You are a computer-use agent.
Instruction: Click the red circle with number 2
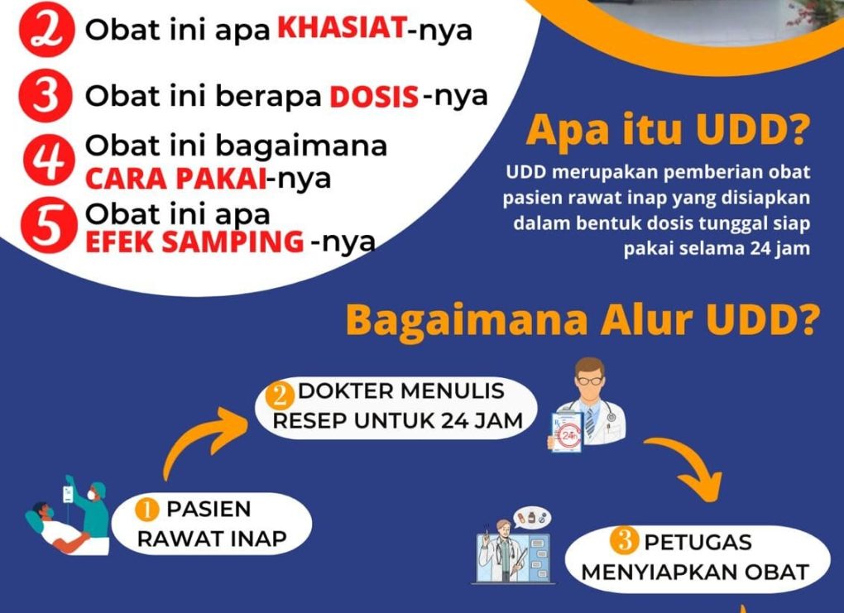coord(46,30)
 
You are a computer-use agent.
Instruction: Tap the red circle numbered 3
coord(46,96)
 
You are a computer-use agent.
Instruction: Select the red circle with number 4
coord(49,160)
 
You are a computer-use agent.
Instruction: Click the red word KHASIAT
coord(342,28)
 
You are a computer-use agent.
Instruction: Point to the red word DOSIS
coord(374,97)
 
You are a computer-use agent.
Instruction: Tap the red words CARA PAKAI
coord(176,179)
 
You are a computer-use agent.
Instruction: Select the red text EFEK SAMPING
coord(194,241)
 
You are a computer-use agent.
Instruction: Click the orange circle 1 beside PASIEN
coord(147,509)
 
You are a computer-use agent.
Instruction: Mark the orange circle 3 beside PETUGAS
coord(625,540)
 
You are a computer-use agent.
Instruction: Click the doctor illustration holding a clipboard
coord(587,405)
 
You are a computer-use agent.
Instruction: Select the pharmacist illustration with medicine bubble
coord(513,546)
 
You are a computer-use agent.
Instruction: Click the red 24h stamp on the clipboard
coord(569,435)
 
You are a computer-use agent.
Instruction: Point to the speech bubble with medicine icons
coord(532,518)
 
